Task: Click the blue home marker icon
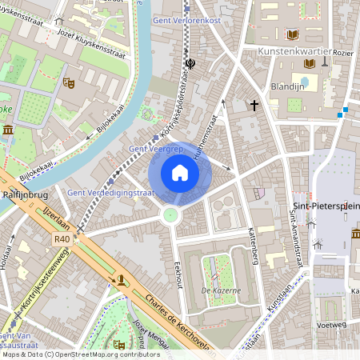(180, 173)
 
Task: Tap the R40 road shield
(62, 238)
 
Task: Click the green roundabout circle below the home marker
(170, 214)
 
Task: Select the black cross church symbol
(255, 105)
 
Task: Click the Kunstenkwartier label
(295, 51)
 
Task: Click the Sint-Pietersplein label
(326, 206)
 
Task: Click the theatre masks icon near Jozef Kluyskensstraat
(70, 82)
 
